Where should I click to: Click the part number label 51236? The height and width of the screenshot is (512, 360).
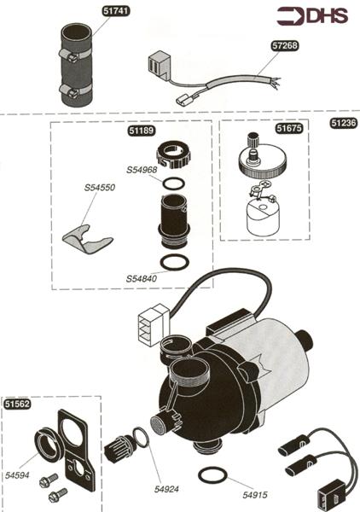[x=343, y=123]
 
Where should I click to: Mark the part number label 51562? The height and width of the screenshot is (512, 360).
[x=19, y=404]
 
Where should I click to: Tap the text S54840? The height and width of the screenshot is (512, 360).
[x=142, y=278]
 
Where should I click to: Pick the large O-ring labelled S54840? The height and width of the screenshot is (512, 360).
[x=175, y=260]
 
